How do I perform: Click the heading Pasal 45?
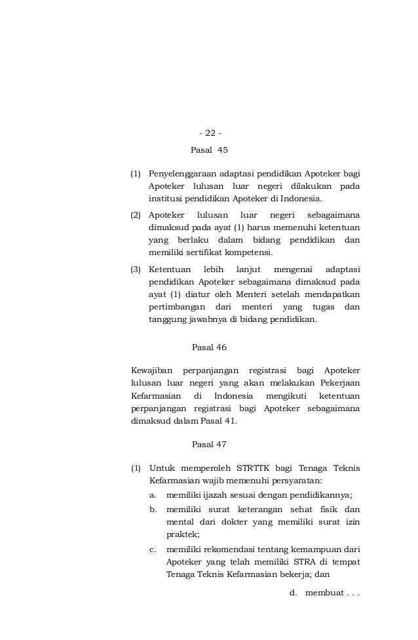pos(209,150)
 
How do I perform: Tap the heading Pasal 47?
pos(209,445)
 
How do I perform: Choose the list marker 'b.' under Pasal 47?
pos(154,510)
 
